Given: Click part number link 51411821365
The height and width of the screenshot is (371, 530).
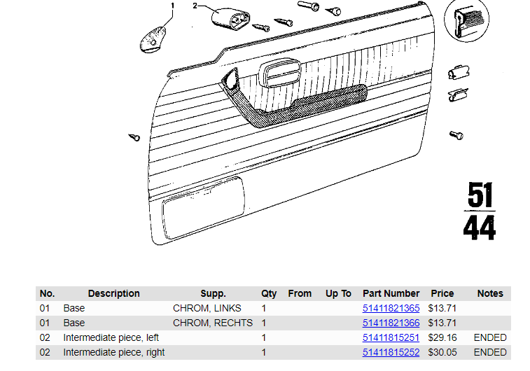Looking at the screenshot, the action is click(x=391, y=308).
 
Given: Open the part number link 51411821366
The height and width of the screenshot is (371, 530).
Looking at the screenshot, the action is click(x=391, y=323).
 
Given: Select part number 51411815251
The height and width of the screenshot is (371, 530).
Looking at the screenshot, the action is click(x=391, y=337).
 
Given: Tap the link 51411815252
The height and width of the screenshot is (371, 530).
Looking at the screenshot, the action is click(x=391, y=352).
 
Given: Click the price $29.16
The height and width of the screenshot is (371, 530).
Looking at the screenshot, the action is click(x=442, y=337).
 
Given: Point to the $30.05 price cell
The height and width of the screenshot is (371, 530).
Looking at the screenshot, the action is click(x=442, y=352).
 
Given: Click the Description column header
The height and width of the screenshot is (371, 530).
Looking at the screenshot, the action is click(x=114, y=293).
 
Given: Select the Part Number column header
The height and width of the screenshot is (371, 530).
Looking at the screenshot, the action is click(x=391, y=293).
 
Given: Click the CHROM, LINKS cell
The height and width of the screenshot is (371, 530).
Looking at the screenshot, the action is click(x=207, y=308).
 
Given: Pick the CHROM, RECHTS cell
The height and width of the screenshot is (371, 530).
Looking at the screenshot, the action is click(x=213, y=323).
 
